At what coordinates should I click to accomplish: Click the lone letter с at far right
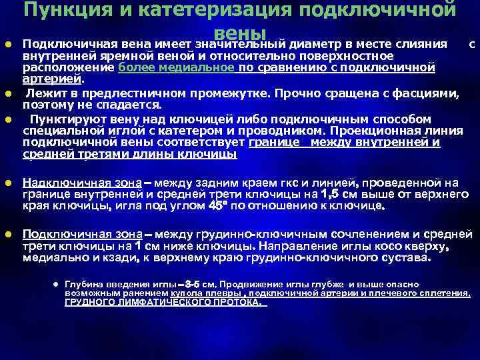(472, 45)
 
